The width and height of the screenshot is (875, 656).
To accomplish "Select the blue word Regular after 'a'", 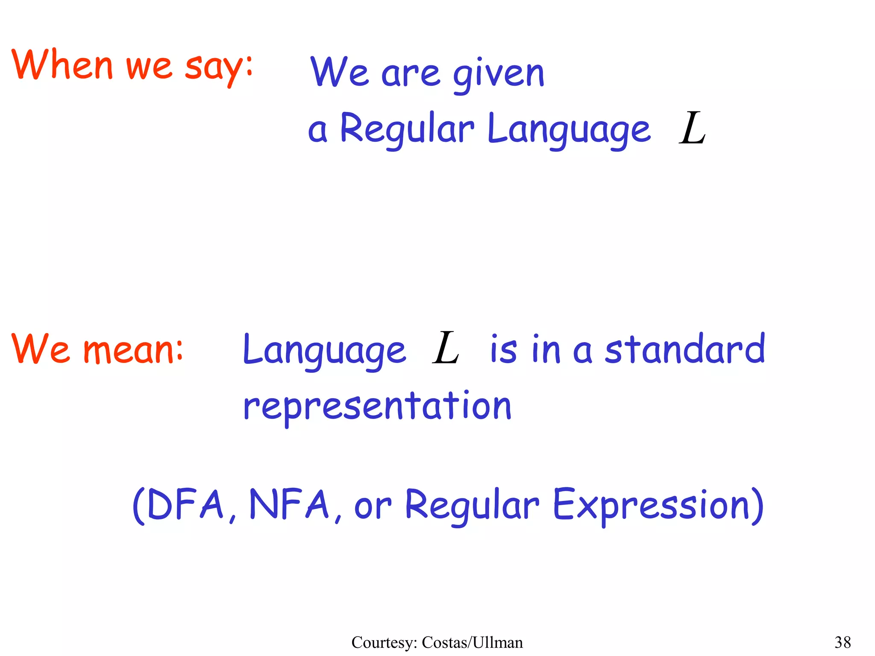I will [407, 129].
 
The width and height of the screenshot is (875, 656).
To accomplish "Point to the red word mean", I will [132, 349].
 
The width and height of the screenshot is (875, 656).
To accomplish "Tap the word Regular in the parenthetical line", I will [472, 505].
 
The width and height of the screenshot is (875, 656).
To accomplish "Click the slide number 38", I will [843, 642].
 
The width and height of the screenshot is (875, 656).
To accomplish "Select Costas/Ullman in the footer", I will [472, 642].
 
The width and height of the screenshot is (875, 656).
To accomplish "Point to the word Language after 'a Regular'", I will [568, 129].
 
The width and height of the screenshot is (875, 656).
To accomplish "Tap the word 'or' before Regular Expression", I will [373, 507].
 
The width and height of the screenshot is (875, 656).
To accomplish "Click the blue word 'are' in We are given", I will [410, 73].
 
